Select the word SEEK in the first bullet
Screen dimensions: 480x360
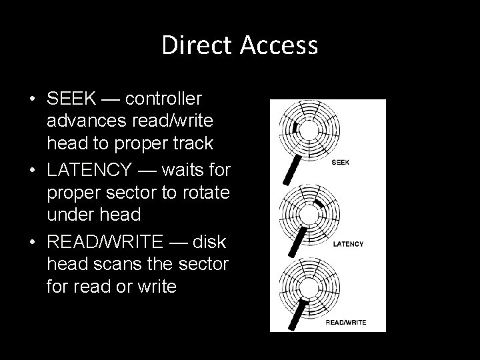69,99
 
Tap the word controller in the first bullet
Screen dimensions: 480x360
163,99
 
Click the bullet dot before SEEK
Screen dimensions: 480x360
33,99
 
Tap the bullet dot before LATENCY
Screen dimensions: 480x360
33,171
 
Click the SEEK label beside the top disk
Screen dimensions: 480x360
340,162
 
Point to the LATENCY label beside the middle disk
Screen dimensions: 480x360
348,244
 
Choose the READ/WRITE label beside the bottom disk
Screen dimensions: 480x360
346,322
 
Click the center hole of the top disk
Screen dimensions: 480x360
309,129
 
